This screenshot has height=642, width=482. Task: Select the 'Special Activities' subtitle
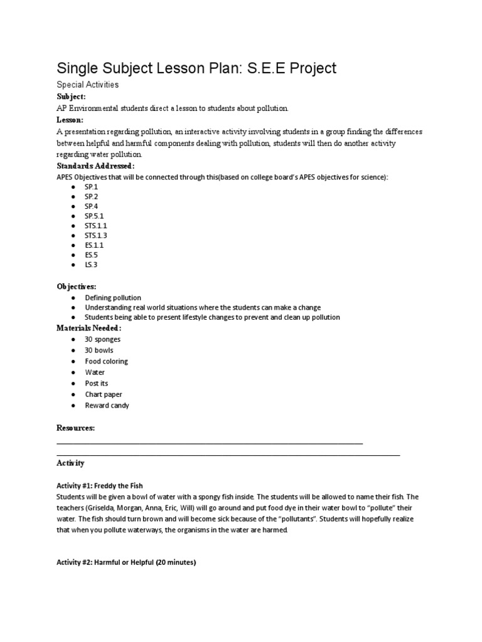point(87,85)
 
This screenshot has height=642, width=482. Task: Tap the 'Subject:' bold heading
point(72,97)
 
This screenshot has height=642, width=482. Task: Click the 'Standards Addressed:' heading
point(95,166)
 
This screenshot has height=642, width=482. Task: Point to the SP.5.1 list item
point(95,216)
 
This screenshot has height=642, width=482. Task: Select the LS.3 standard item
point(92,265)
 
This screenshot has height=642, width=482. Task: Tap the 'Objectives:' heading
point(77,286)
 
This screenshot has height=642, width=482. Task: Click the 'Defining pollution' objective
point(113,298)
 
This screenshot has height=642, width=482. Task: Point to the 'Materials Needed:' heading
point(89,328)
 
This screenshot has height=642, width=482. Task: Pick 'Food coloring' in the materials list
point(107,361)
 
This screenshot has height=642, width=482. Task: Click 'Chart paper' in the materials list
point(104,394)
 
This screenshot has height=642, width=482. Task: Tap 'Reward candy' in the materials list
point(107,406)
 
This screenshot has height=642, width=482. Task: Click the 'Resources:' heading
point(76,428)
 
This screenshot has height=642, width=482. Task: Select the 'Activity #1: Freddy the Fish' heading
point(100,485)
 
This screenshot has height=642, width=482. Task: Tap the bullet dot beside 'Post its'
point(73,383)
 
